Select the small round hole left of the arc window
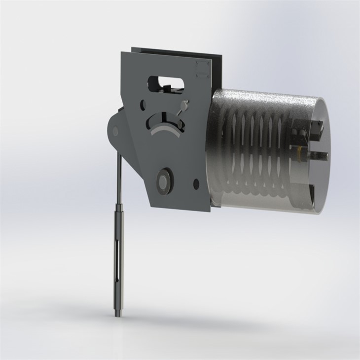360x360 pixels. coord(143,105)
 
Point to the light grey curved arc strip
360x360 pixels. coord(166,129)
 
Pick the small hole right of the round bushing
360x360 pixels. coord(196,184)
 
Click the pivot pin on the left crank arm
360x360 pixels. coord(115,132)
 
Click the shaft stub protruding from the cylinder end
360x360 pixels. coord(322,157)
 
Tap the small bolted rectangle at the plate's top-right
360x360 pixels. coord(202,69)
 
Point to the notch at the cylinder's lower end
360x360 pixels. coord(312,195)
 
